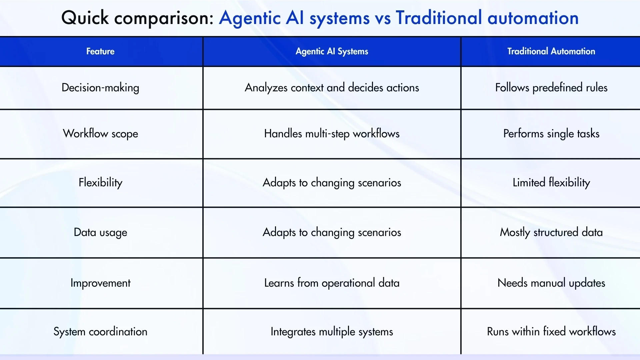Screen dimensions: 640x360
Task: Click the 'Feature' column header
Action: [x=100, y=51]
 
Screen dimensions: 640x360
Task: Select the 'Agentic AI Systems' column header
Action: [x=332, y=51]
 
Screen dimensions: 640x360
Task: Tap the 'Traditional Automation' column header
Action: [x=551, y=51]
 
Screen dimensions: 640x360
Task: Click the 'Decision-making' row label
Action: [x=100, y=88]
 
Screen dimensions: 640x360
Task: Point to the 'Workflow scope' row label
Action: [x=100, y=133]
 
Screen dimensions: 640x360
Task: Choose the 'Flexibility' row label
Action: [x=100, y=182]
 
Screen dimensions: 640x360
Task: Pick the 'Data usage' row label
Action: [x=100, y=232]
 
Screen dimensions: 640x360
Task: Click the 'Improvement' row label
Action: [x=100, y=283]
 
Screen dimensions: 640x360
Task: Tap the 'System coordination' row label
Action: [x=100, y=331]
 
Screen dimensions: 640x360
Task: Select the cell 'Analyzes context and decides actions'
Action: [x=332, y=88]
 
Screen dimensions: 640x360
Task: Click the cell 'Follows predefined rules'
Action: [x=551, y=88]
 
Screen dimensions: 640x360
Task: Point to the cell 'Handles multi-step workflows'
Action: [x=332, y=133]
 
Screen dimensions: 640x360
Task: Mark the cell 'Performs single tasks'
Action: [x=551, y=133]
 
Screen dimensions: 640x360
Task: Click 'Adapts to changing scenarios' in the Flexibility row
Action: [x=332, y=182]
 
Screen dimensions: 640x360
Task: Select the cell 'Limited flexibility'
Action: [x=551, y=182]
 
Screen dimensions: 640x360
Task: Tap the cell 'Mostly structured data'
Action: [x=551, y=232]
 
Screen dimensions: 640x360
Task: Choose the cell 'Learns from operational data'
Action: [x=332, y=283]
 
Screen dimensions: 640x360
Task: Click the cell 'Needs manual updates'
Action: [x=551, y=283]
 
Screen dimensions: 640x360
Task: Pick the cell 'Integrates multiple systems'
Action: [x=332, y=331]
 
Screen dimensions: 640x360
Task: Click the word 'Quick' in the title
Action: [x=85, y=18]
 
